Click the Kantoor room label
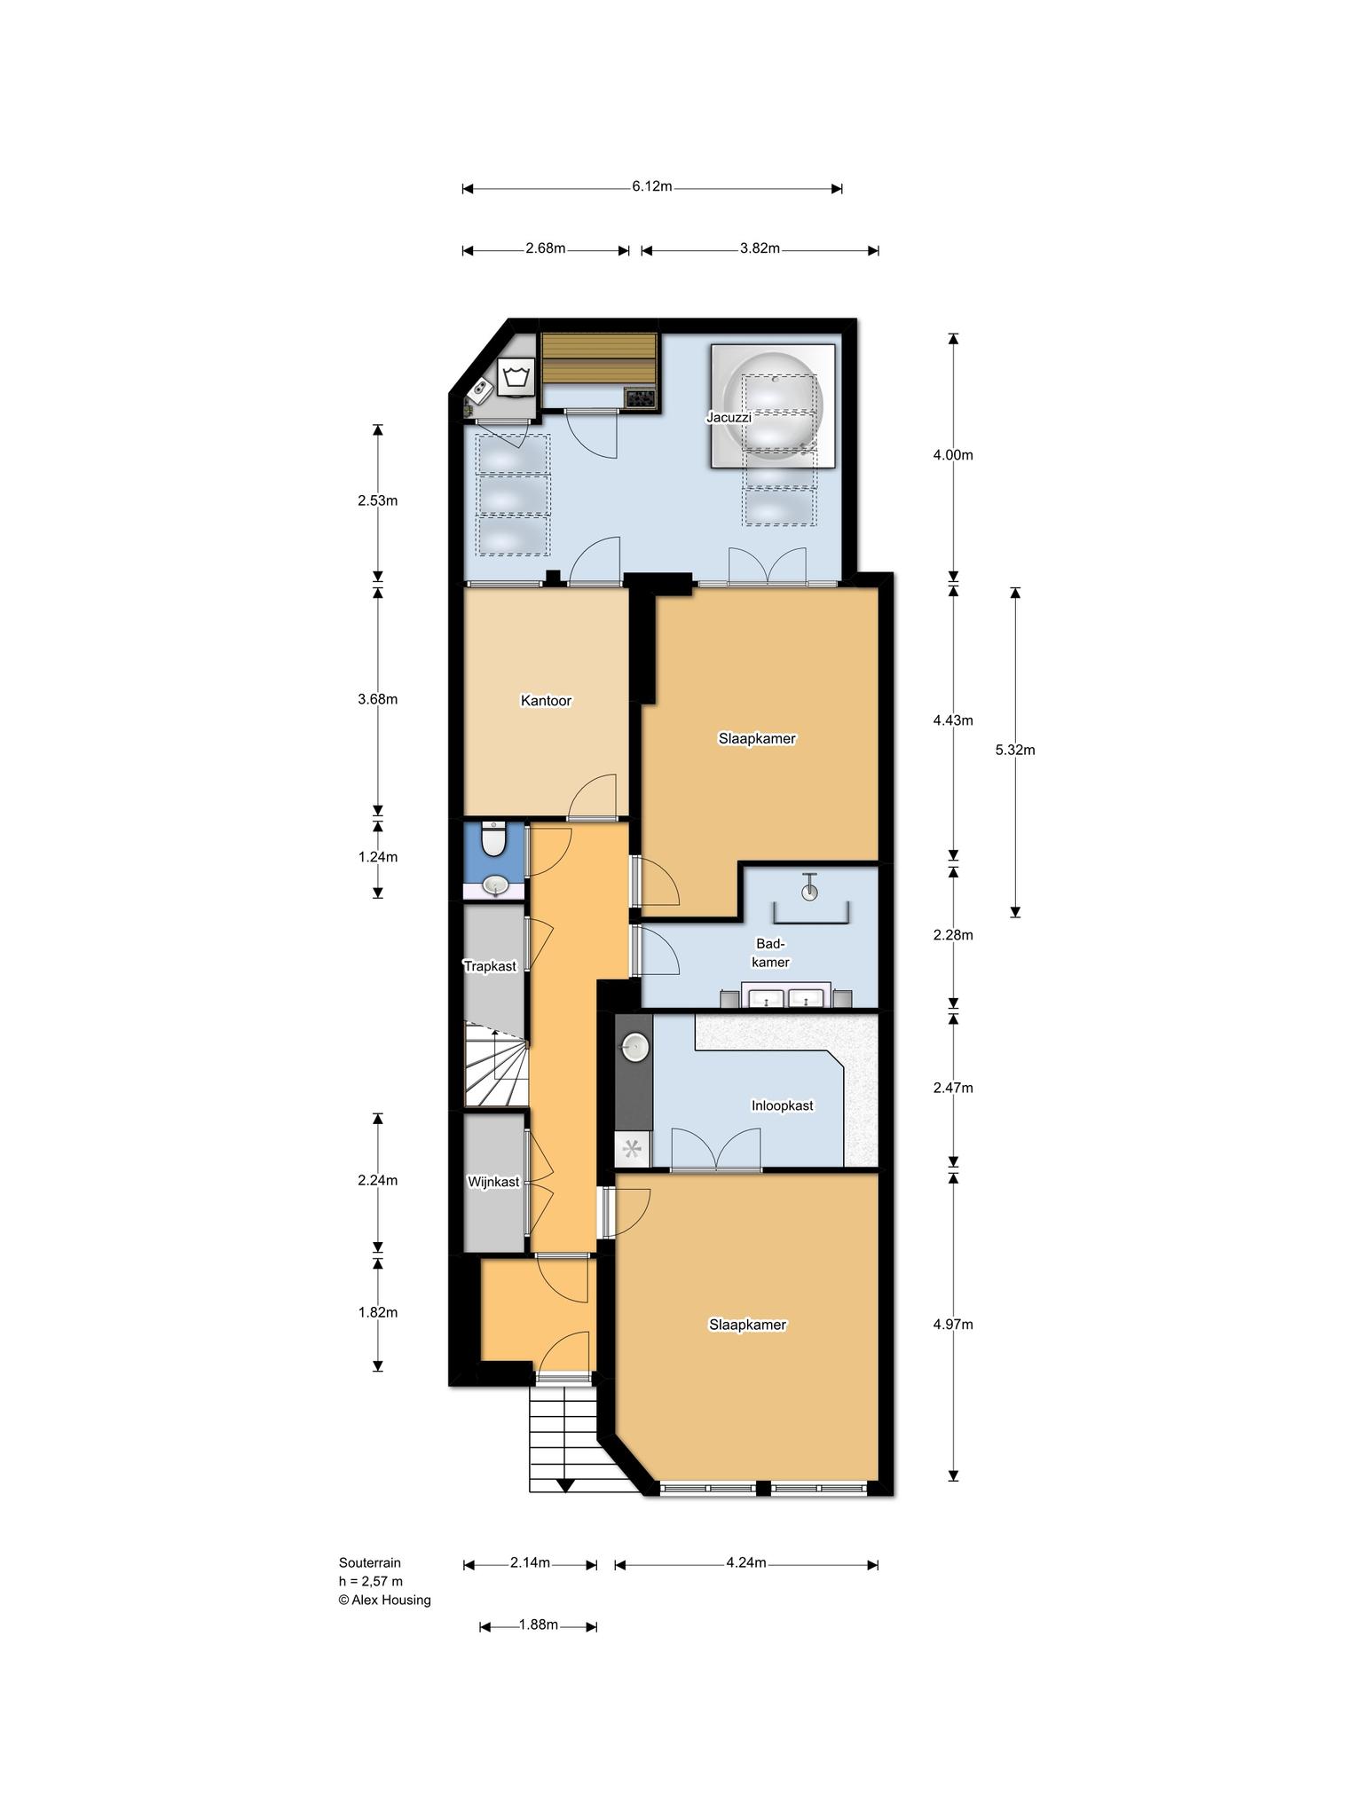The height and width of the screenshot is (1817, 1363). (546, 701)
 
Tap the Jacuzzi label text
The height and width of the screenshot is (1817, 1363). (729, 417)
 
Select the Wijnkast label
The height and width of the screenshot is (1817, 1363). (493, 1182)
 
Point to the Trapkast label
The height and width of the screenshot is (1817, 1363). (490, 966)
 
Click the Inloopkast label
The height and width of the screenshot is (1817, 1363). (782, 1105)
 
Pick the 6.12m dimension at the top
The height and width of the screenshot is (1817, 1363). (652, 186)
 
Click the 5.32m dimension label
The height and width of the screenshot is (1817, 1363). (1015, 750)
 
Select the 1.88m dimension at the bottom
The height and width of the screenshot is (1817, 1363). (538, 1624)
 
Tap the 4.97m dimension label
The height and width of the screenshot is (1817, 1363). (953, 1325)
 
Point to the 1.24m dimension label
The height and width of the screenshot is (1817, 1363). (378, 857)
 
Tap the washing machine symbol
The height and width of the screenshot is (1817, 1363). (516, 379)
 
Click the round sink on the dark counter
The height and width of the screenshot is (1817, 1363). (634, 1048)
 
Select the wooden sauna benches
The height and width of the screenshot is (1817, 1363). (600, 358)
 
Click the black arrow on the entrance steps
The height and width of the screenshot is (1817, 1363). (565, 1485)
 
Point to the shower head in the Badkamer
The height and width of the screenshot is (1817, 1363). (809, 888)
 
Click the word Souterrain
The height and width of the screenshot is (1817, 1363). (370, 1563)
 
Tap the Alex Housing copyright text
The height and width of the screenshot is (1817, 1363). (384, 1601)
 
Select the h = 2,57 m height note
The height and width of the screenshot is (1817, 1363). (370, 1582)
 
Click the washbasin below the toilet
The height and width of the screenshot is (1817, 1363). (494, 885)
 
